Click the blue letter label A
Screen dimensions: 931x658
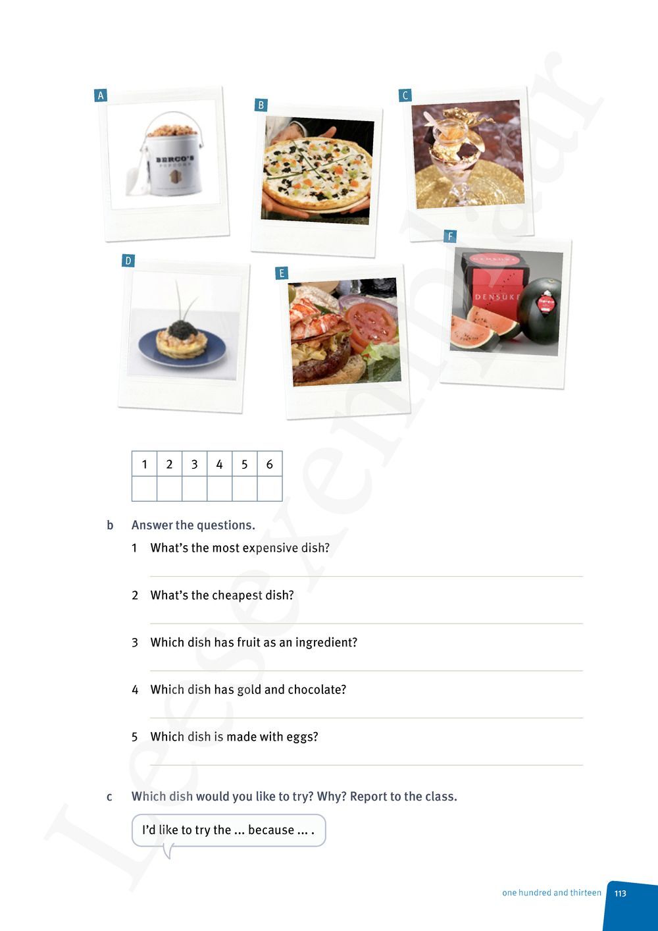(x=101, y=95)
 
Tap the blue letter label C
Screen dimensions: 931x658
(x=405, y=95)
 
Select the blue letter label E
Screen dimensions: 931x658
(x=282, y=273)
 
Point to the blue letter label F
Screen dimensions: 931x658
(x=450, y=236)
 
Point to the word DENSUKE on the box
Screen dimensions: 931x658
(x=497, y=297)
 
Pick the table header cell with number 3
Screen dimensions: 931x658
(x=194, y=464)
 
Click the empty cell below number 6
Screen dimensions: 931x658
(x=269, y=489)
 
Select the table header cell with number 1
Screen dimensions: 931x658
(x=144, y=464)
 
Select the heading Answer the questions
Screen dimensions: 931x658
(x=193, y=525)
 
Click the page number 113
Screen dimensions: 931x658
(x=620, y=893)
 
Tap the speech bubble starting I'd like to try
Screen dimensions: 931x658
(x=228, y=830)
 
